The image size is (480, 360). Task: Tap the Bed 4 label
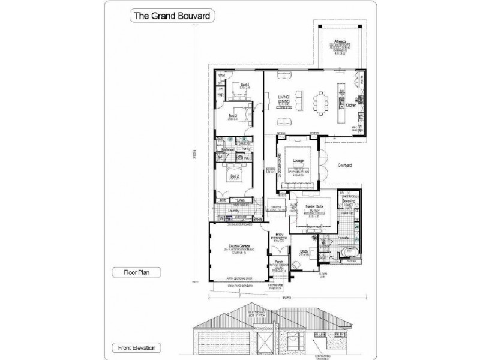pyautogui.click(x=244, y=85)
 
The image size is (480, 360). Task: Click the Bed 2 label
pyautogui.click(x=235, y=176)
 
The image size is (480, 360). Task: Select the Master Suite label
pyautogui.click(x=314, y=206)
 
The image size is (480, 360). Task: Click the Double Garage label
pyautogui.click(x=238, y=246)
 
